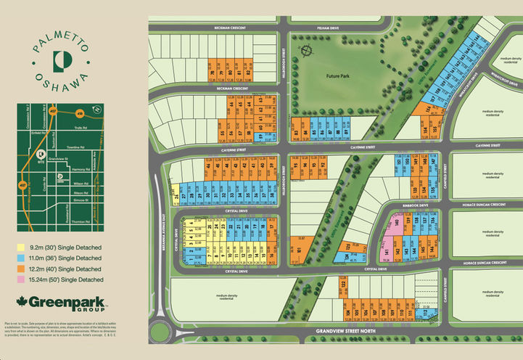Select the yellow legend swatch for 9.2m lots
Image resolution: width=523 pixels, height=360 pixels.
click(x=21, y=247)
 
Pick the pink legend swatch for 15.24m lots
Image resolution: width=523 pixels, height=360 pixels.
click(x=21, y=279)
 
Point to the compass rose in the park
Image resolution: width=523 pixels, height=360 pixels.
click(x=305, y=52)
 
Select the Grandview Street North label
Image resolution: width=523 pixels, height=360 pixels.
click(x=343, y=332)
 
